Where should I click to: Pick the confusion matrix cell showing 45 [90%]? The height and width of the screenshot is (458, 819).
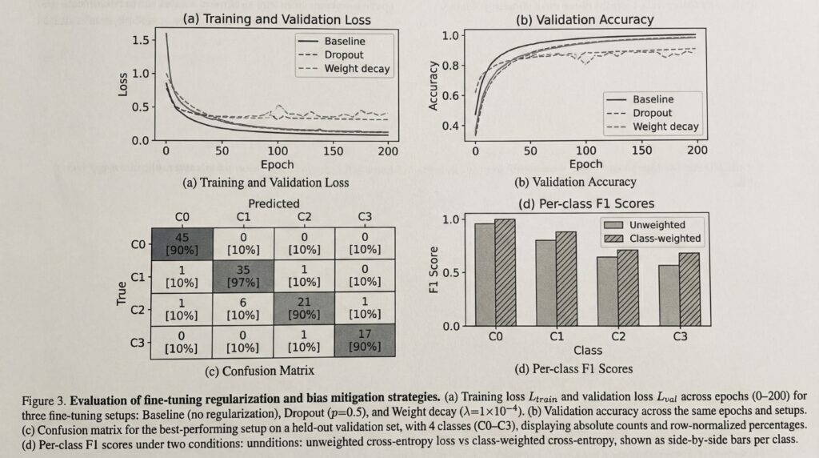[183, 243]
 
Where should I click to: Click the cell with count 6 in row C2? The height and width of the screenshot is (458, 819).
[243, 308]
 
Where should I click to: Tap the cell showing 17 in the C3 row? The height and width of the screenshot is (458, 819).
[364, 339]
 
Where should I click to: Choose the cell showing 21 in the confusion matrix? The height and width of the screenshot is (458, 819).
[304, 308]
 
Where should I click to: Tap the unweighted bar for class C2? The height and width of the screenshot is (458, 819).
[607, 291]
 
